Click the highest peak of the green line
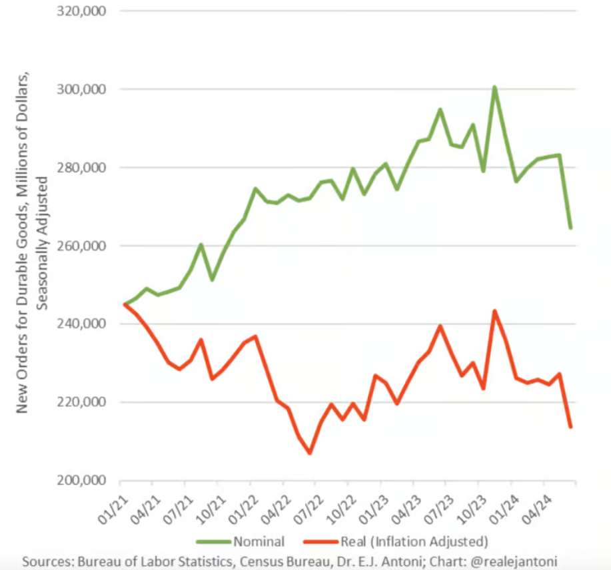pyautogui.click(x=494, y=87)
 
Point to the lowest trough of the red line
pyautogui.click(x=310, y=453)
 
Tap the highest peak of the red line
pyautogui.click(x=494, y=310)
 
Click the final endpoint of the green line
pyautogui.click(x=571, y=228)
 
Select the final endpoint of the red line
pyautogui.click(x=571, y=427)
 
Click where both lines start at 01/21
pyautogui.click(x=125, y=304)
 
